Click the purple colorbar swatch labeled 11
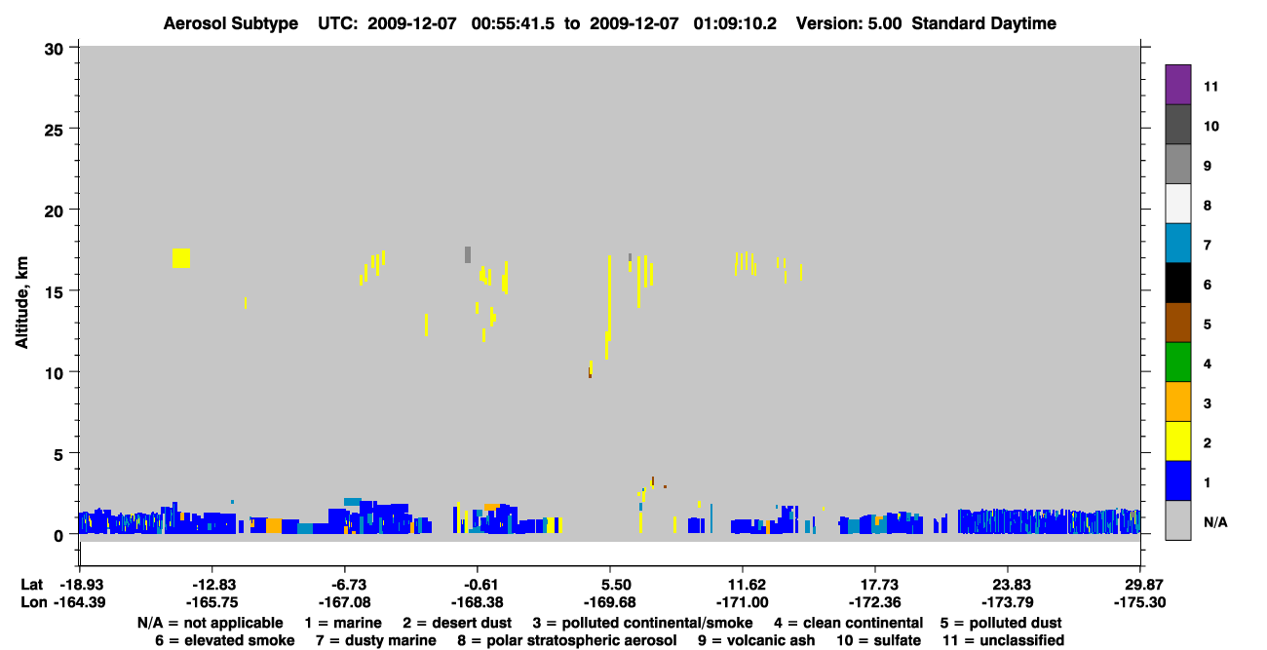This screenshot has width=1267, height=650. coord(1177,84)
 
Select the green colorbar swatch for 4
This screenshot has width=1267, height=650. coord(1177,363)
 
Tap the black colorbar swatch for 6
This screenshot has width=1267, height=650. coord(1177,283)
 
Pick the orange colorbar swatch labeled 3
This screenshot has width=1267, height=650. coord(1177,401)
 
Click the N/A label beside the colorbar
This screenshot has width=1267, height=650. coord(1215,522)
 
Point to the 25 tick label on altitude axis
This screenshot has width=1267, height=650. coord(54,131)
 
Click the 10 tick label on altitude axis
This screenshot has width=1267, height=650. coord(54,373)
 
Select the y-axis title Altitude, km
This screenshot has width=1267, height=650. coord(21,302)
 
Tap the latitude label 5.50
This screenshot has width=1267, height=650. coord(616,585)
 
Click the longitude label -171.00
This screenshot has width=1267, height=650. coord(742,602)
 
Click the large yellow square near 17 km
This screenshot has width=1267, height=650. coord(181,258)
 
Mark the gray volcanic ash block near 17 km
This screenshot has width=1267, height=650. coord(468,254)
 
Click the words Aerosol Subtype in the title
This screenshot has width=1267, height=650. coord(231,23)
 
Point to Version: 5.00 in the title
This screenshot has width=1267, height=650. coord(849,23)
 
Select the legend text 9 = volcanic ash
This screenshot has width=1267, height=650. coord(756,640)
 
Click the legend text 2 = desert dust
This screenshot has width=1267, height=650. coord(457,623)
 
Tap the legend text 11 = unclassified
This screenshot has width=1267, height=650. coord(1004,640)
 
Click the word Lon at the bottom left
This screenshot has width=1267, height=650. coord(34,602)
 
